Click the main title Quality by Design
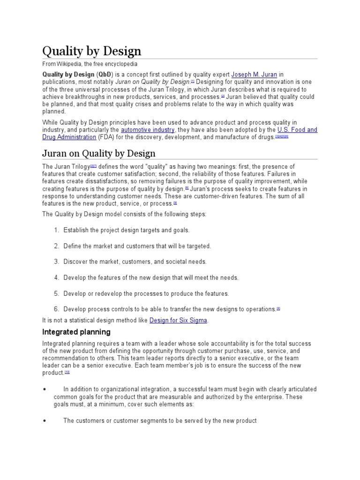click(x=91, y=51)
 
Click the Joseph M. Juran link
click(x=255, y=74)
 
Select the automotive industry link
click(x=148, y=130)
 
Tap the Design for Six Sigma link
click(x=178, y=320)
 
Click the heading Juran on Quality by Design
click(x=99, y=153)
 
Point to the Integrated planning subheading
click(x=76, y=332)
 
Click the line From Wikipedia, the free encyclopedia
click(x=90, y=64)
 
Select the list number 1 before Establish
click(x=56, y=230)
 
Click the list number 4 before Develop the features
click(x=56, y=277)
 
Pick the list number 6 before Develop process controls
click(x=56, y=309)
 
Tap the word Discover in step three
click(x=76, y=262)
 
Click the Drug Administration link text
click(x=69, y=137)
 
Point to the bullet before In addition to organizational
click(x=44, y=389)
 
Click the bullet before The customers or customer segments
click(x=44, y=420)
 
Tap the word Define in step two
click(x=73, y=246)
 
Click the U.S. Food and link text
click(x=297, y=130)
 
